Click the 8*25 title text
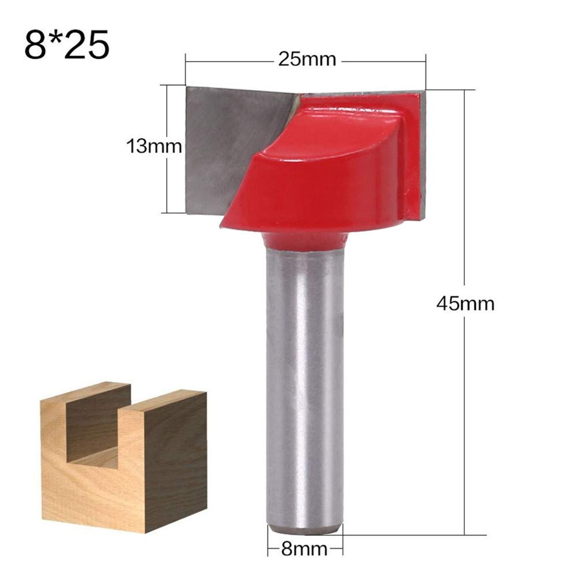click(67, 44)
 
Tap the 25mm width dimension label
click(307, 59)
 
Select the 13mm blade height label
click(154, 146)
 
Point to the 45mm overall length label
click(466, 304)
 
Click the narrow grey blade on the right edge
click(423, 154)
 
